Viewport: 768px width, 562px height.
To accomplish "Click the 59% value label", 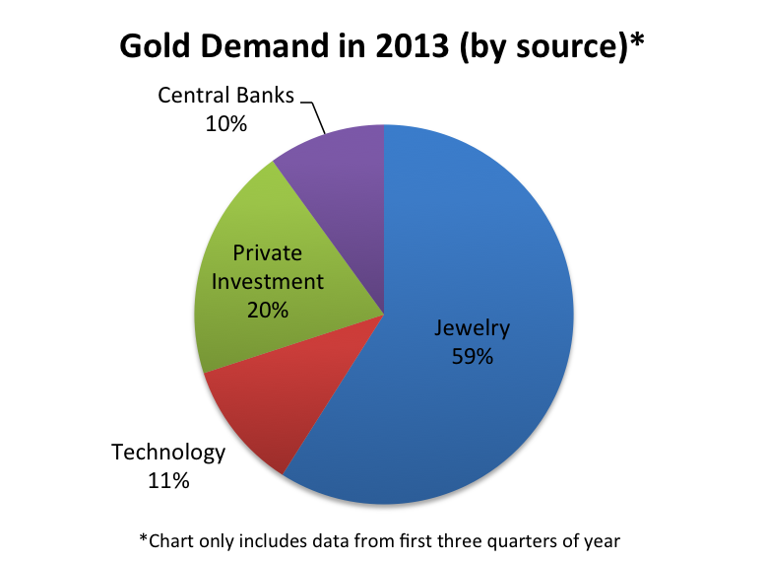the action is tap(473, 357).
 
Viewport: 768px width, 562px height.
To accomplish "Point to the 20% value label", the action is tap(268, 310).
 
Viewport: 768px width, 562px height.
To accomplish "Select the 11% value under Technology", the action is tap(168, 480).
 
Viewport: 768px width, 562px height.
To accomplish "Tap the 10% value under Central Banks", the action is tap(225, 123).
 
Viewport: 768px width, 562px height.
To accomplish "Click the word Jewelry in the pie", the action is tap(473, 328).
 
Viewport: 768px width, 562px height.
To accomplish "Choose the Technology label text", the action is tap(168, 454).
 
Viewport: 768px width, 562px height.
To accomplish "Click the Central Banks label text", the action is tap(225, 95).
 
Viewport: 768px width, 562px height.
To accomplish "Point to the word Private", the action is tap(268, 253).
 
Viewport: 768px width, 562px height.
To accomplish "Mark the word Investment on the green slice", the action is tap(268, 281).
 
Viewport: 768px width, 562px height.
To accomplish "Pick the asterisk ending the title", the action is tap(637, 39).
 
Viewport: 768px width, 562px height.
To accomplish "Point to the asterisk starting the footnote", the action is tap(144, 537).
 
